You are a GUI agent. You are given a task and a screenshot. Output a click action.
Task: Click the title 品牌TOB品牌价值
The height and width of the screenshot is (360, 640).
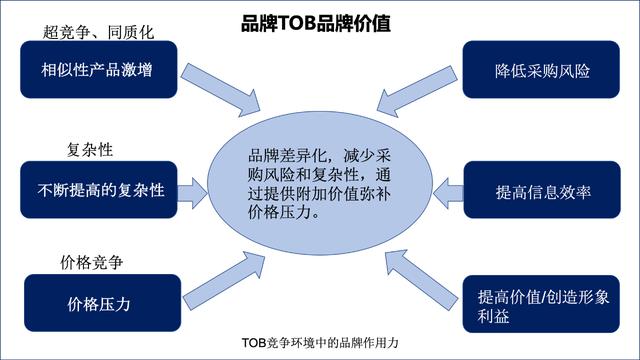[x=319, y=22]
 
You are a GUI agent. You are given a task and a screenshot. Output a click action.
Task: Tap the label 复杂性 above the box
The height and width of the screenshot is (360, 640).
[x=89, y=150]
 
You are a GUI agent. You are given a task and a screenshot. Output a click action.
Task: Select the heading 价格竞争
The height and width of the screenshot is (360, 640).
[x=92, y=264]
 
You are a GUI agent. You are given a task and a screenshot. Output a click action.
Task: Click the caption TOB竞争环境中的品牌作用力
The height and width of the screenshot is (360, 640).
[x=320, y=342]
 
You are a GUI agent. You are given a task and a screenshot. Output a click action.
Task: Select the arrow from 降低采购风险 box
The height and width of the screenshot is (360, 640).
[x=414, y=90]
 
